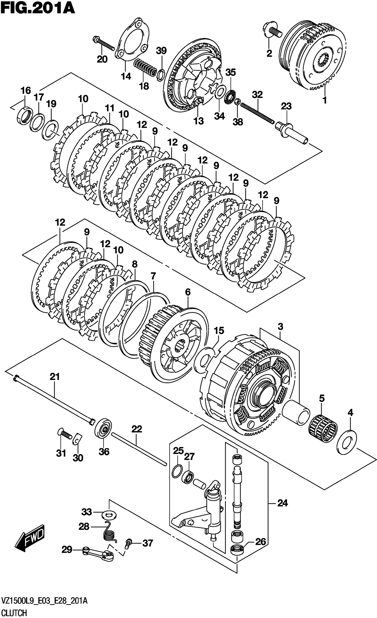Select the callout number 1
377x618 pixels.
click(x=325, y=100)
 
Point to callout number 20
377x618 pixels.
click(x=102, y=59)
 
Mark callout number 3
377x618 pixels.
click(x=280, y=327)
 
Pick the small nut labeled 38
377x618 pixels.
click(x=237, y=102)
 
